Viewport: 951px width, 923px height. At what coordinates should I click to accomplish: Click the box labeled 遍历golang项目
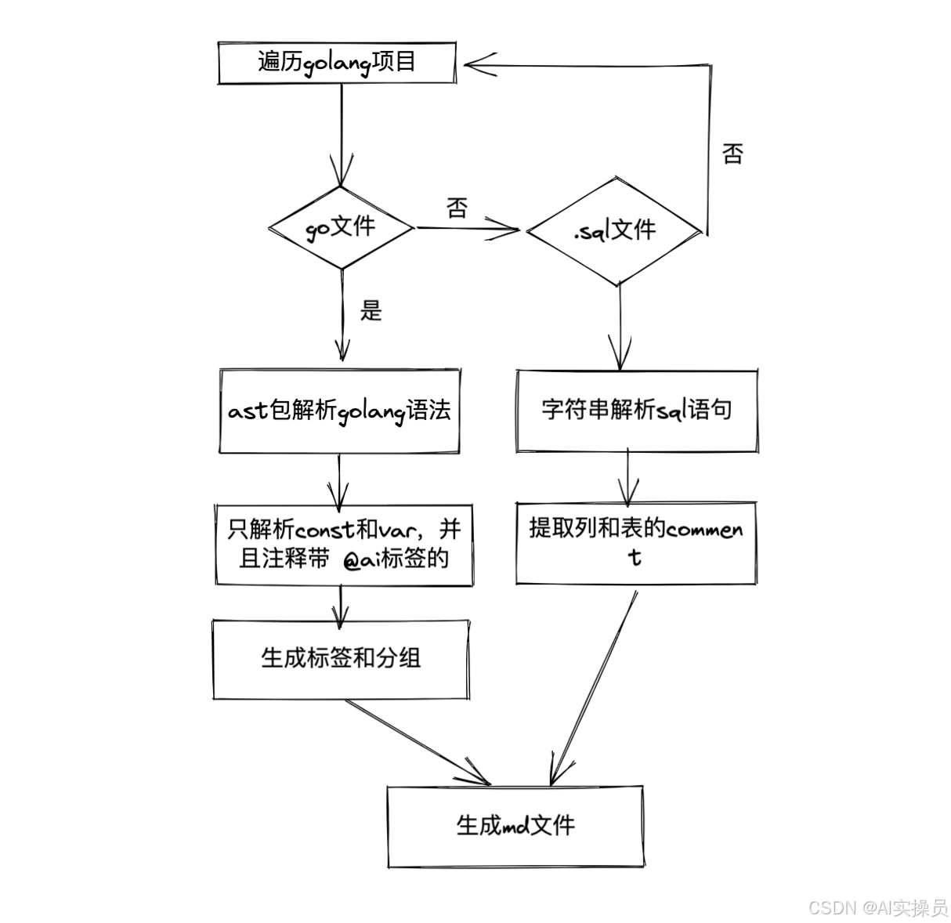coord(337,63)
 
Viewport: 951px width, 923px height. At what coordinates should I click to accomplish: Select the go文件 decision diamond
coord(341,228)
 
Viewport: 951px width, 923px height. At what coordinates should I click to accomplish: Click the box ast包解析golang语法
coord(339,411)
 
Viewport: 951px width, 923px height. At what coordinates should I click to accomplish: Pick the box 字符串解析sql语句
coord(636,410)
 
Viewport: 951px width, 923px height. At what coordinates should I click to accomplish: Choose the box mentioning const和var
coord(344,544)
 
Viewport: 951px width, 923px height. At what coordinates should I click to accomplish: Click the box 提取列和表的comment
coord(636,542)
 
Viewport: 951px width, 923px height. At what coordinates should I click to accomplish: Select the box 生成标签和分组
coord(341,657)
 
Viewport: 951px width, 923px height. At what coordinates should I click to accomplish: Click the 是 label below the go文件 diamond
coord(371,311)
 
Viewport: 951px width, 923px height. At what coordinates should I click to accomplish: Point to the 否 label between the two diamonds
coord(457,208)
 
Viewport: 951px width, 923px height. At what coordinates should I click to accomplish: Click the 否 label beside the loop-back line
coord(732,154)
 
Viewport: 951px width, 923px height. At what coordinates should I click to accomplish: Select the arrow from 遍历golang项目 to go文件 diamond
coord(342,133)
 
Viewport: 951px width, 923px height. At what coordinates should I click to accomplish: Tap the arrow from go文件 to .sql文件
coord(468,229)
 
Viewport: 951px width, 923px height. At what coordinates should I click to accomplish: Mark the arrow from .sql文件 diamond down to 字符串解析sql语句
coord(620,325)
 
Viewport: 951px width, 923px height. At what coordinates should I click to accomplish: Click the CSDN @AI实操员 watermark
coord(877,907)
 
